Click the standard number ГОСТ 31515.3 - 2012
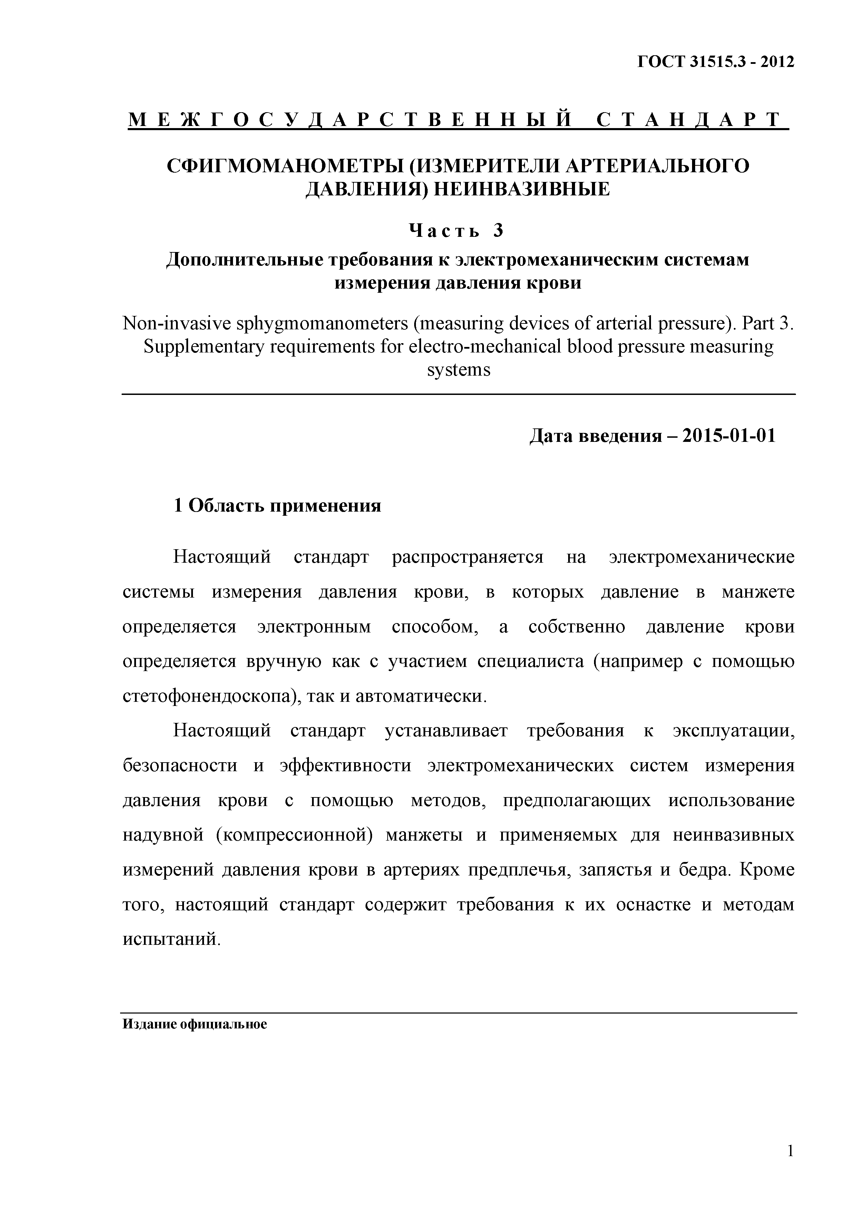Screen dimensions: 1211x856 click(x=716, y=62)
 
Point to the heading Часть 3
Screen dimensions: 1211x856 click(x=457, y=231)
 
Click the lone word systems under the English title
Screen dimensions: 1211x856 click(x=458, y=370)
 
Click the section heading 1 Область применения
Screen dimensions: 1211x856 click(x=278, y=505)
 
